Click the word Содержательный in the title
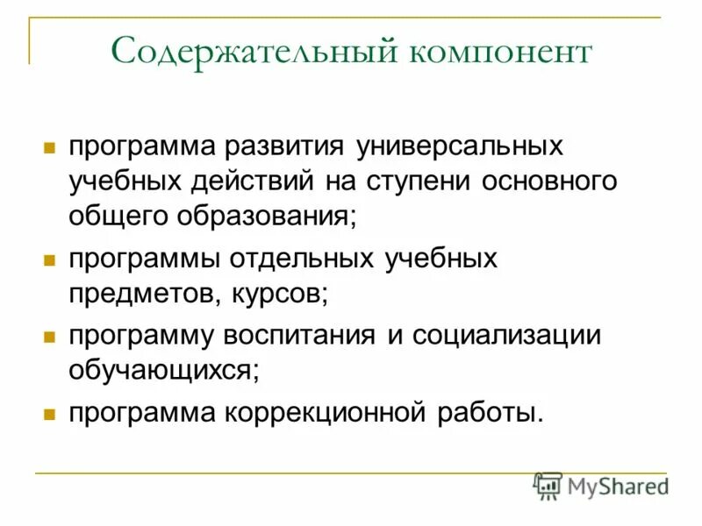(254, 53)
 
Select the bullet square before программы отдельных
(50, 260)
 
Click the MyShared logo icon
(548, 486)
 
